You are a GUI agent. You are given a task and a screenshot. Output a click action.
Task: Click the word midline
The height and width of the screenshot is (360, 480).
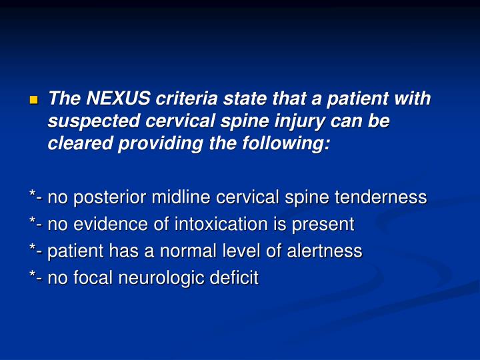click(x=179, y=197)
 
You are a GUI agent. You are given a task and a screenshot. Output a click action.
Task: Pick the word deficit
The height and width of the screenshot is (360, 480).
click(x=234, y=278)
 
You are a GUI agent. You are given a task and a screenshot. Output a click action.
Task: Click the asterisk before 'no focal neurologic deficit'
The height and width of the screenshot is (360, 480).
click(x=33, y=276)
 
